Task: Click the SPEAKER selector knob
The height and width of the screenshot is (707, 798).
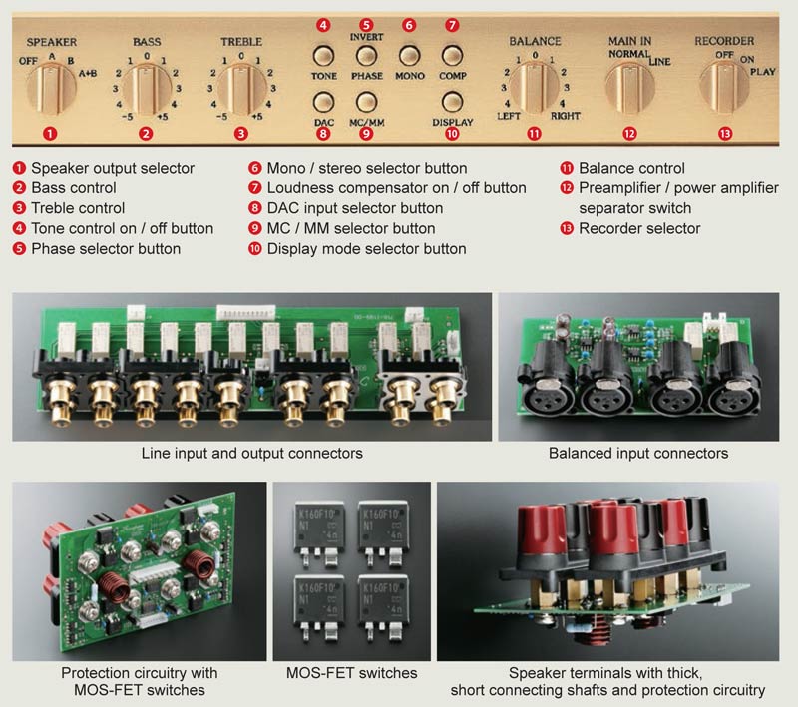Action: (x=51, y=88)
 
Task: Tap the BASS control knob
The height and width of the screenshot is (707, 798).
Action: (x=147, y=89)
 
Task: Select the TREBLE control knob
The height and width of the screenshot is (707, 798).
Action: (x=241, y=89)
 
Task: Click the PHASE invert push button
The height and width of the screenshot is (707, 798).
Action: (x=366, y=56)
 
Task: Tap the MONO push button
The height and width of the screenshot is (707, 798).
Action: (x=410, y=56)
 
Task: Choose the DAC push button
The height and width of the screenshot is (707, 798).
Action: (x=323, y=102)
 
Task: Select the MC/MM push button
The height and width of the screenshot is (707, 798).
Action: (x=366, y=102)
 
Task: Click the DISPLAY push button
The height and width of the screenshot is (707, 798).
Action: (x=452, y=102)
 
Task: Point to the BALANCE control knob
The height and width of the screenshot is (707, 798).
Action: (x=535, y=88)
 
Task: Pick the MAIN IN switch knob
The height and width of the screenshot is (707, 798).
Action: (x=630, y=89)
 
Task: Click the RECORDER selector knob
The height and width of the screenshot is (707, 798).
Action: (x=724, y=88)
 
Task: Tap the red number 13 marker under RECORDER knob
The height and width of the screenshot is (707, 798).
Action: (x=725, y=134)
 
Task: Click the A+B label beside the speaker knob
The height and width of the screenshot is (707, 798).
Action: (x=88, y=73)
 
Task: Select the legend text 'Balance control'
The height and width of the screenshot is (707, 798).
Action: (x=631, y=168)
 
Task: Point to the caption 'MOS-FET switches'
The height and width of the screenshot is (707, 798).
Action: (x=352, y=673)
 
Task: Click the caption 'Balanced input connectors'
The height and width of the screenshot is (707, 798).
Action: (x=638, y=453)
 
